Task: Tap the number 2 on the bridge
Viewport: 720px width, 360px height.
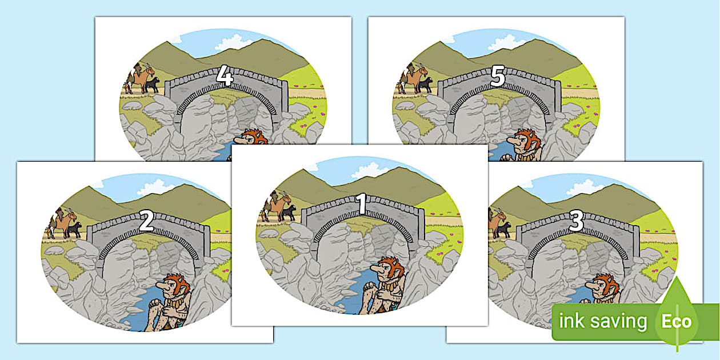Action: (146, 221)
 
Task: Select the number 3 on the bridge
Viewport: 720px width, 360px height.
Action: (576, 221)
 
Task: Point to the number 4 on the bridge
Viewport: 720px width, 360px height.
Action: (225, 77)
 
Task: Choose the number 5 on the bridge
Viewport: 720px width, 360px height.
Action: (498, 77)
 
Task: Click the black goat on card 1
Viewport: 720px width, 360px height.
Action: (289, 213)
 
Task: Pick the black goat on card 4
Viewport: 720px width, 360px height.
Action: (151, 85)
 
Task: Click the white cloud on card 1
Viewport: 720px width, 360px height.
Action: (370, 170)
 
